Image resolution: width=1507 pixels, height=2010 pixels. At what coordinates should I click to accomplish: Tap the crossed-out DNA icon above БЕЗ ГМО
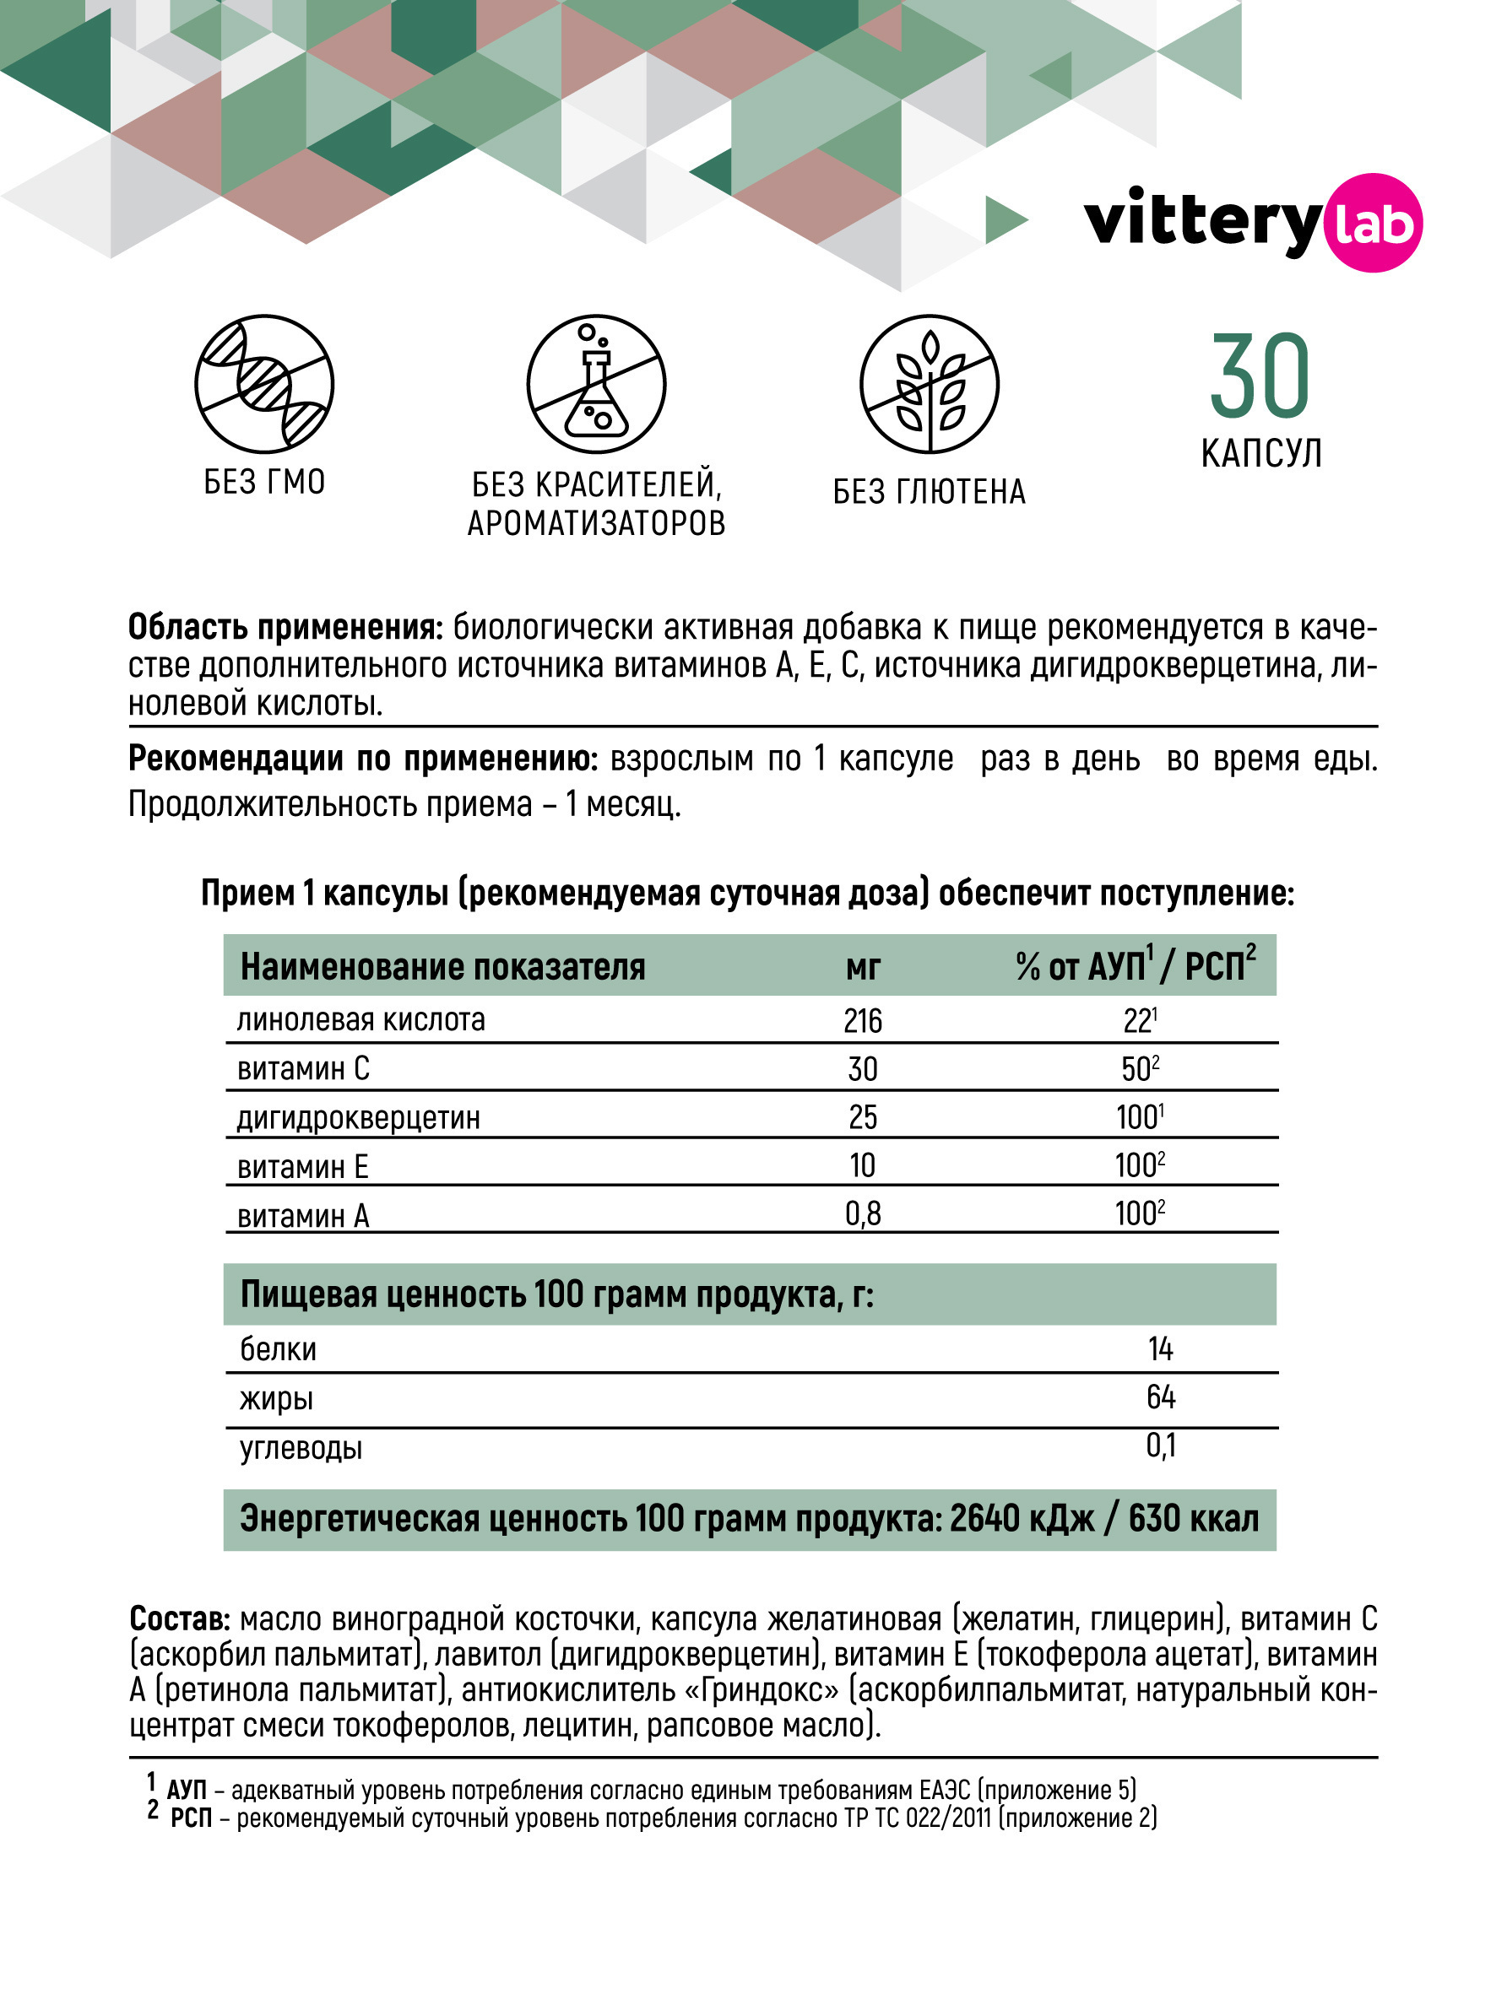click(264, 385)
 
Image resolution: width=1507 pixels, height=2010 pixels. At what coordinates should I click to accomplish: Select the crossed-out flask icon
click(596, 385)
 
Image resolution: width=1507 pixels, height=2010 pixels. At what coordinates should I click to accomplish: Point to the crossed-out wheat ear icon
click(929, 385)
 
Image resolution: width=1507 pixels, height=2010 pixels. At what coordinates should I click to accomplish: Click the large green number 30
click(1260, 375)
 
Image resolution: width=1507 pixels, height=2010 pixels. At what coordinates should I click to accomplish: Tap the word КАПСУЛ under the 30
click(1260, 453)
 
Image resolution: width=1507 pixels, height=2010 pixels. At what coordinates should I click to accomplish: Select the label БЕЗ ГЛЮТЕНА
click(929, 492)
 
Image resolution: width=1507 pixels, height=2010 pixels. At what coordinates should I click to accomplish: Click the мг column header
click(863, 967)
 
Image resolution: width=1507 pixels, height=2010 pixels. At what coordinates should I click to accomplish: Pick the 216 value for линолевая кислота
click(863, 1021)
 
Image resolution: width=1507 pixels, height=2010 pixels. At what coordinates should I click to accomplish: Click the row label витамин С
click(304, 1068)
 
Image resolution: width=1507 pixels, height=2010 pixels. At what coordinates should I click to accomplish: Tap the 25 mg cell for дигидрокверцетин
click(863, 1116)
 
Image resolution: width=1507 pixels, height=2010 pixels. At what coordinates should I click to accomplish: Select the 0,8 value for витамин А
click(863, 1213)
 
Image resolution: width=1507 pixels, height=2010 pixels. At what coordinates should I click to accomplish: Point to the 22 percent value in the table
click(1139, 1021)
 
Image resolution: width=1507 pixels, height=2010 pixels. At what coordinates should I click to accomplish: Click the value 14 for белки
click(1161, 1348)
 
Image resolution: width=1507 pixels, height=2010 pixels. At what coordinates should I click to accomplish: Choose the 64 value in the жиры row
click(1161, 1397)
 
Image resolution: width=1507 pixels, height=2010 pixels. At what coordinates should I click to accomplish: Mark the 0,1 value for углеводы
click(1161, 1445)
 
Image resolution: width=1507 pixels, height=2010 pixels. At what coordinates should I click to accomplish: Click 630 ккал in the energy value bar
click(1194, 1518)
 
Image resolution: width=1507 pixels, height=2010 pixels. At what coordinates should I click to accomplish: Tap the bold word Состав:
click(180, 1618)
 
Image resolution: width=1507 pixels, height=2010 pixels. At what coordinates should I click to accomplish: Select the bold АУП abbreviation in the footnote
click(187, 1789)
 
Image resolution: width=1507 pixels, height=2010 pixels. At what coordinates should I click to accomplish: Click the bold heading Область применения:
click(285, 628)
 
